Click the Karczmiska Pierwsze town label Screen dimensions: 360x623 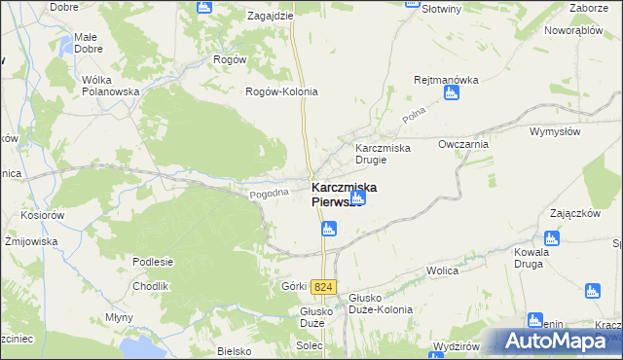[x=345, y=194]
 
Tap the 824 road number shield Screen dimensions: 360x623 [x=324, y=287]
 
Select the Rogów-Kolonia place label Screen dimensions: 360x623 [x=281, y=91]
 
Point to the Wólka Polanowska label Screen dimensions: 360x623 [x=112, y=85]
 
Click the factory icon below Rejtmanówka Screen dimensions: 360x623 [x=451, y=93]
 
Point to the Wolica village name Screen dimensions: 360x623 [x=442, y=272]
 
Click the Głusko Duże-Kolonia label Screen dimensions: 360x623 [x=379, y=303]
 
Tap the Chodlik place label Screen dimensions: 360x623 [x=151, y=286]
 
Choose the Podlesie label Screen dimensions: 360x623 [x=154, y=262]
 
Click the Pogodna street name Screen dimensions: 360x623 [x=270, y=193]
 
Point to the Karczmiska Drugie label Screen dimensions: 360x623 [x=383, y=154]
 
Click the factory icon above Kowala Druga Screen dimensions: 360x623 [x=552, y=237]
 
